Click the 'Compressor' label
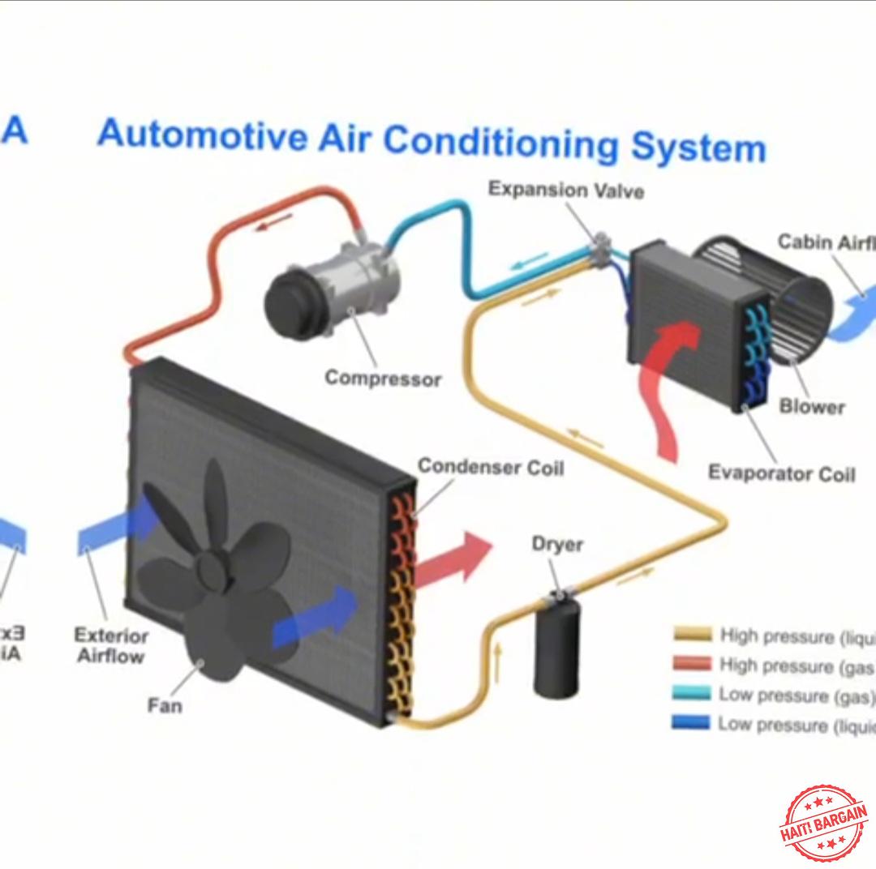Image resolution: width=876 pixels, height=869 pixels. tap(383, 378)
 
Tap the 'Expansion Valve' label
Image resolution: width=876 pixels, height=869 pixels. tap(566, 190)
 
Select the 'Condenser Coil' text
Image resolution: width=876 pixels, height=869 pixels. tap(490, 467)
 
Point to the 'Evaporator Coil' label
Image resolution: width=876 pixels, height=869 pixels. tap(781, 473)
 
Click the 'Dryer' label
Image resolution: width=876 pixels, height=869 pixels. tap(557, 543)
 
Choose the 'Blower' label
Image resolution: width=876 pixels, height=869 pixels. tap(812, 406)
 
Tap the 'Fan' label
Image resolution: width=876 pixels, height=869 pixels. tap(165, 705)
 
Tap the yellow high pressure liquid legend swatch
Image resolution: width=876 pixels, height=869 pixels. tap(692, 635)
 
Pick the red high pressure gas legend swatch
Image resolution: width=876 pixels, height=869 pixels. tap(692, 664)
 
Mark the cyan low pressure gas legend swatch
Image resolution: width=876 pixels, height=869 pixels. tap(692, 694)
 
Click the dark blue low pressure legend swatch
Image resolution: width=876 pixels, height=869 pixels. tap(692, 722)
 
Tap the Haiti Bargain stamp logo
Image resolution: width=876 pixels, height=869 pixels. tap(822, 822)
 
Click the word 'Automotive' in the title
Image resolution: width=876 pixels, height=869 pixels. tap(202, 135)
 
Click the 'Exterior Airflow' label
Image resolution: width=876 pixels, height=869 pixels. tap(111, 645)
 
